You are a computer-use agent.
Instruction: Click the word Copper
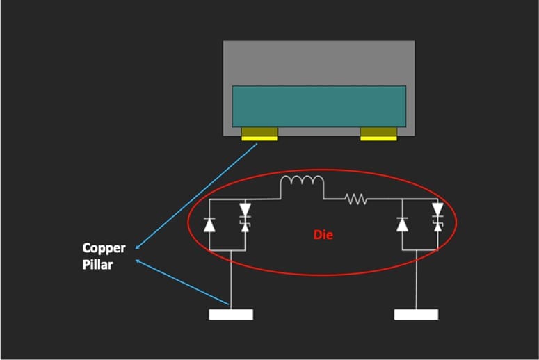pos(104,248)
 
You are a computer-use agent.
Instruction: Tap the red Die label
pos(323,235)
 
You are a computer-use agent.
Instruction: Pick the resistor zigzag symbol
pos(355,199)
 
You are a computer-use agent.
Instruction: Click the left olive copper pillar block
pos(259,131)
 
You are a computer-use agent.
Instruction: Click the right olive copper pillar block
pos(378,131)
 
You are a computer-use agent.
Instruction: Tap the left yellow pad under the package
pos(259,138)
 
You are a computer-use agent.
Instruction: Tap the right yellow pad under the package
pos(378,138)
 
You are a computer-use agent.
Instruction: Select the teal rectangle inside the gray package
pos(319,106)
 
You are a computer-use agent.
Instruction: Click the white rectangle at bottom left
pos(231,314)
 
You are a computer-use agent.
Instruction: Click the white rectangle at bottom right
pos(416,314)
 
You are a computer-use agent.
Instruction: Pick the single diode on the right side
pos(403,224)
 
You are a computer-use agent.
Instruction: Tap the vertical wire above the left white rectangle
pos(231,278)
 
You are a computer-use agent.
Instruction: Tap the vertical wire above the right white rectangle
pos(416,278)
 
